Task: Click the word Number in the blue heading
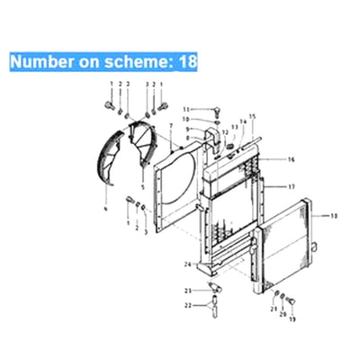(41, 61)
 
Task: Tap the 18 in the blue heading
(187, 61)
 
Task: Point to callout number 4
(105, 208)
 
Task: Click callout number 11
(186, 109)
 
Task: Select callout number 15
(253, 117)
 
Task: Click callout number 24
(186, 263)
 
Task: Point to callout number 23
(188, 290)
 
